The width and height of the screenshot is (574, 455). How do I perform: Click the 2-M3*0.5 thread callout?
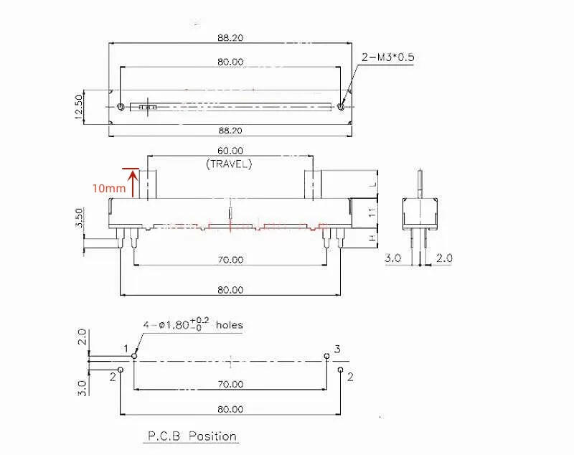[388, 57]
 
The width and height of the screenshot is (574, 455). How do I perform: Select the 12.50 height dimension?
[80, 107]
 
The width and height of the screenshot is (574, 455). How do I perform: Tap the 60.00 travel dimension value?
[229, 151]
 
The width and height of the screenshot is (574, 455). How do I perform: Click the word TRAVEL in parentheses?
[229, 164]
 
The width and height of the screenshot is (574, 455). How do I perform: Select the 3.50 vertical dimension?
[80, 218]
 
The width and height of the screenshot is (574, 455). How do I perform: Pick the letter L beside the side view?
[372, 184]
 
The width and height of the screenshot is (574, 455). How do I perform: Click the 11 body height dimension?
[372, 212]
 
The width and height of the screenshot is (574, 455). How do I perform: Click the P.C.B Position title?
[192, 436]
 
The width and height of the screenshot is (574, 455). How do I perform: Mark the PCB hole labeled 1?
[134, 355]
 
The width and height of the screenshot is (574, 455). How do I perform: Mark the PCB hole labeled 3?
[326, 355]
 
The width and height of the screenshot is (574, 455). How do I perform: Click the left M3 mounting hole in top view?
[121, 107]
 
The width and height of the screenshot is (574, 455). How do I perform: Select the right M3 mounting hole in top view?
[340, 107]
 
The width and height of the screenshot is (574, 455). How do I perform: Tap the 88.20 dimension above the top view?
[229, 37]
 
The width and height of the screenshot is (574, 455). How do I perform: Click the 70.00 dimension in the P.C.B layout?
[229, 385]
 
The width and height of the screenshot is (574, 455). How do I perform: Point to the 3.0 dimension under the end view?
[392, 258]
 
